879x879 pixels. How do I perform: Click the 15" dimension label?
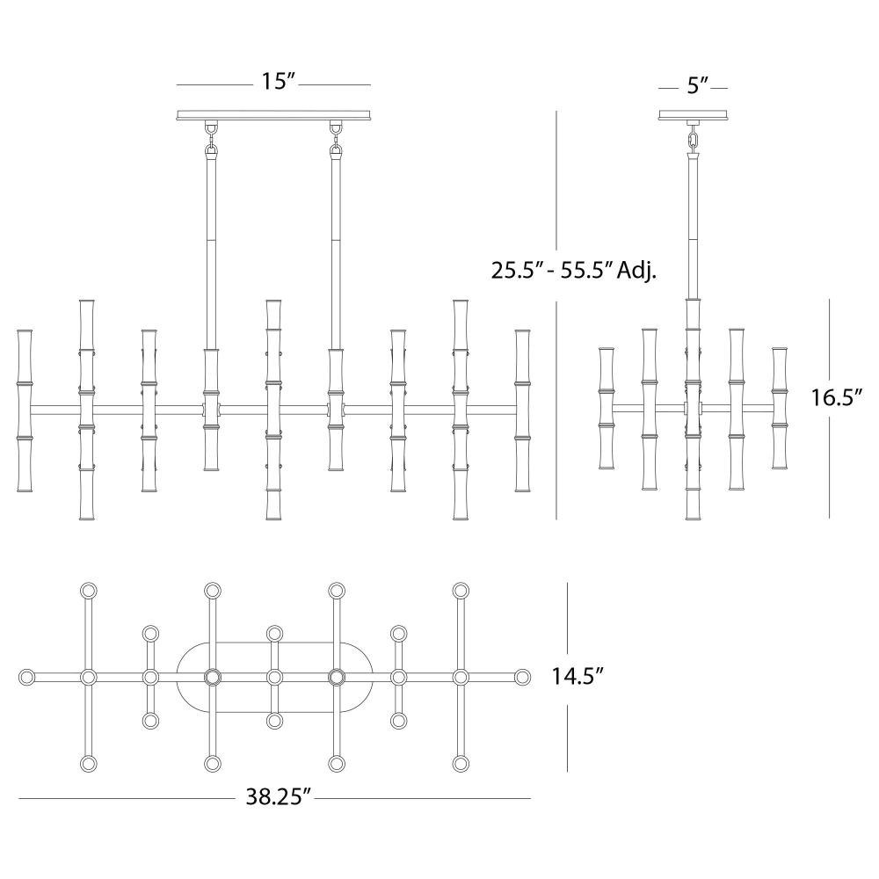coord(278,82)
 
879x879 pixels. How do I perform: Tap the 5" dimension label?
coord(697,85)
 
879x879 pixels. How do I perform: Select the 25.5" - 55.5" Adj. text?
coord(573,271)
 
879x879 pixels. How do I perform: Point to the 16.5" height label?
coord(835,397)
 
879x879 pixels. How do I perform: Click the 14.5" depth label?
coord(577,676)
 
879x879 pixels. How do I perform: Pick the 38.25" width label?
coord(278,796)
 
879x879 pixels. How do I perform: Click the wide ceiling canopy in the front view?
coord(273,115)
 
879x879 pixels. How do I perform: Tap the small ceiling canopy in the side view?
coord(694,115)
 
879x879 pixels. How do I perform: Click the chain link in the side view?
coord(694,139)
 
